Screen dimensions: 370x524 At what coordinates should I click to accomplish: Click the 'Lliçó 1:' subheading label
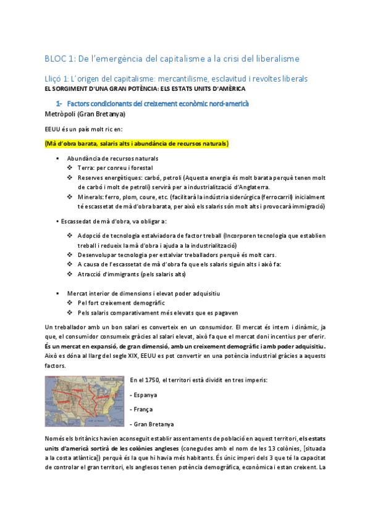point(60,79)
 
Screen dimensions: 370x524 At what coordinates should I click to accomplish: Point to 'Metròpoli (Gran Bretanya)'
point(85,114)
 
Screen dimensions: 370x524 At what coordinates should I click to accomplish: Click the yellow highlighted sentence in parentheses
point(137,144)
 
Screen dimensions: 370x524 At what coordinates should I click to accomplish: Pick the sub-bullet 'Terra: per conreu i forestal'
point(116,168)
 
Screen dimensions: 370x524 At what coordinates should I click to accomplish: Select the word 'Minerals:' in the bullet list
point(91,196)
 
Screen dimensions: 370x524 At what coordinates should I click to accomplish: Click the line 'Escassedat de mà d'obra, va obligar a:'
point(114,221)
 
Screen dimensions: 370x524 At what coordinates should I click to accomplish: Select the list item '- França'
point(141,409)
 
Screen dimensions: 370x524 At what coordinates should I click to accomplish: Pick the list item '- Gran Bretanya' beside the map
point(152,424)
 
